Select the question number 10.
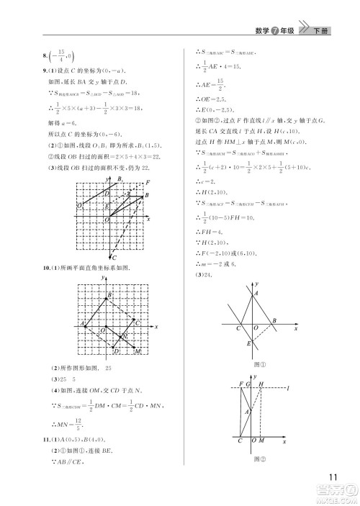click(x=47, y=268)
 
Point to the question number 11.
click(x=47, y=439)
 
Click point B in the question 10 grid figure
click(x=109, y=296)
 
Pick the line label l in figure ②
click(x=287, y=389)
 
